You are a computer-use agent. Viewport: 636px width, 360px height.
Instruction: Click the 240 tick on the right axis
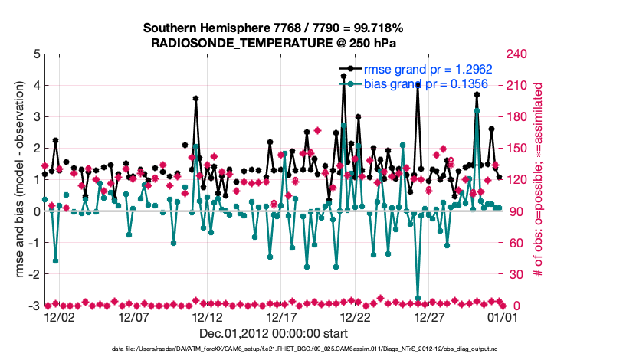pyautogui.click(x=514, y=54)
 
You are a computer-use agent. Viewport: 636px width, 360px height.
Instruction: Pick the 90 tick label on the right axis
pyautogui.click(x=511, y=211)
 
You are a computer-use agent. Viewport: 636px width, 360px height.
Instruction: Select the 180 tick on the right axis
pyautogui.click(x=514, y=117)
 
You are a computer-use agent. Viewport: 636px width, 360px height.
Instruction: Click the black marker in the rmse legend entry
pyautogui.click(x=350, y=69)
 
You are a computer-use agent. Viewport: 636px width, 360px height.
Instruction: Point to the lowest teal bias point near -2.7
pyautogui.click(x=418, y=298)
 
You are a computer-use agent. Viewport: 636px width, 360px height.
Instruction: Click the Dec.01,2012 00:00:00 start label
pyautogui.click(x=274, y=333)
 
